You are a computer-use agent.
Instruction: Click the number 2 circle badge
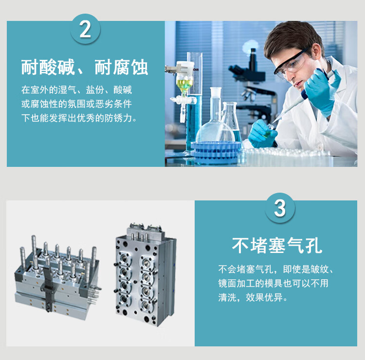(x=85, y=29)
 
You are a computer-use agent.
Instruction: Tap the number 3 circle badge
(x=280, y=208)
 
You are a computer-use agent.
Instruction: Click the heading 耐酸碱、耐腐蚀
(x=85, y=67)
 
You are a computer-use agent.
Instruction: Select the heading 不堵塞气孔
(x=277, y=245)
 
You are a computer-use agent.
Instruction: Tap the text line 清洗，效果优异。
(x=253, y=297)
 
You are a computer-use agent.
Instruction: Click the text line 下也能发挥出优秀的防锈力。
(x=79, y=118)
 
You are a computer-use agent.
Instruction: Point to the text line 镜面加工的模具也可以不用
(x=274, y=284)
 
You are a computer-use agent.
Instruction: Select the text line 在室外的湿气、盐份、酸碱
(x=76, y=90)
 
